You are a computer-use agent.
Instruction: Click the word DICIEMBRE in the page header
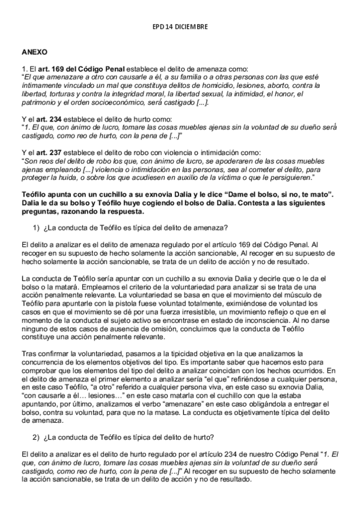click(x=192, y=27)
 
